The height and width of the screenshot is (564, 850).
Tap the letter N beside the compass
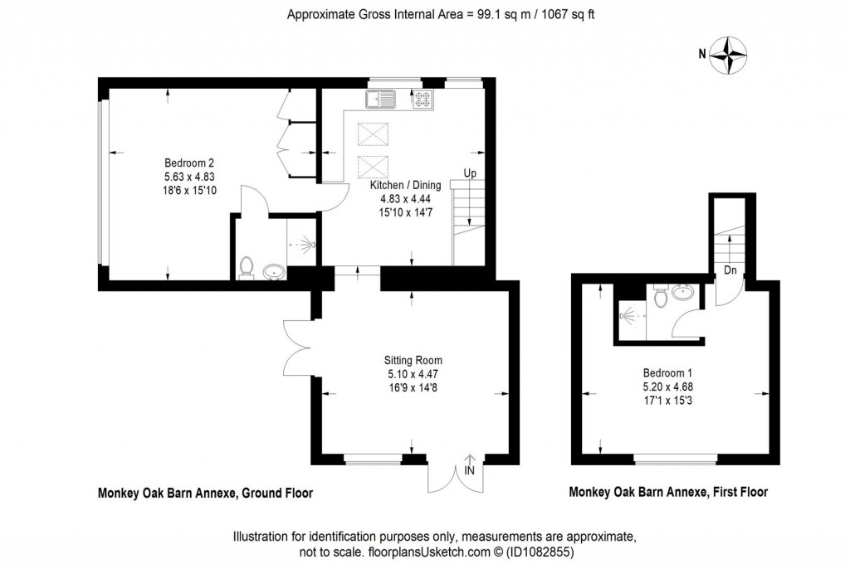[x=702, y=56]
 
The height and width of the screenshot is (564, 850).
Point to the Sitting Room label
[x=413, y=360]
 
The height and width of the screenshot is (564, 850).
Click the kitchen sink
[x=381, y=100]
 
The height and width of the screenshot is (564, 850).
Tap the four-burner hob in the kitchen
[x=423, y=100]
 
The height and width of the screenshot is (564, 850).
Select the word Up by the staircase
[x=469, y=174]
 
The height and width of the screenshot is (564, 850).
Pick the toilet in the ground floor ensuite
[x=246, y=267]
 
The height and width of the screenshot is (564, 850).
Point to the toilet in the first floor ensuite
[x=661, y=296]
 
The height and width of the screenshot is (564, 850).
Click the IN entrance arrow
[x=471, y=464]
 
